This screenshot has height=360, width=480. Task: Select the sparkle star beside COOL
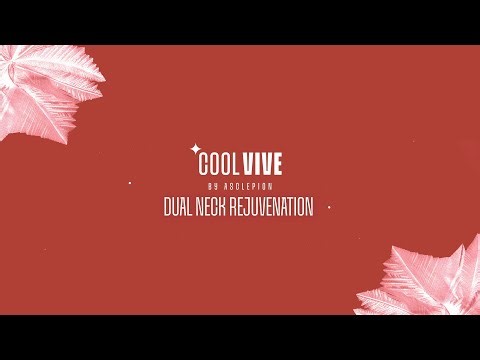click(x=194, y=151)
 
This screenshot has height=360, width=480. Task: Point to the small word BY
click(x=212, y=186)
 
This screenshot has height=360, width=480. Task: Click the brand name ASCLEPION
click(x=249, y=186)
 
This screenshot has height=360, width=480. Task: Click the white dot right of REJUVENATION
click(x=330, y=208)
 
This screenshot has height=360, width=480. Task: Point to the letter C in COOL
click(x=205, y=164)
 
